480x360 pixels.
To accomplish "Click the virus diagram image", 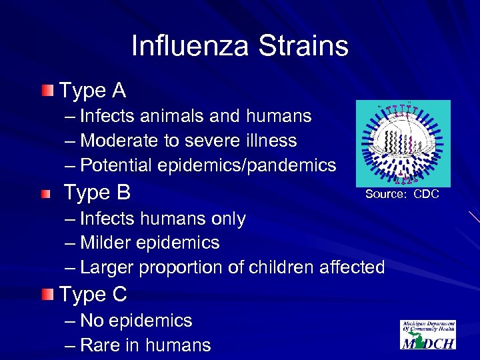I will (x=403, y=143).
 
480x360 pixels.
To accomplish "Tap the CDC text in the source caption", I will (x=426, y=195).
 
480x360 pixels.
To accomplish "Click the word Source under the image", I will (x=385, y=195).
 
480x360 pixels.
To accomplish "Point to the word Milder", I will (x=107, y=243).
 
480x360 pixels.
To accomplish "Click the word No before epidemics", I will (x=91, y=321).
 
